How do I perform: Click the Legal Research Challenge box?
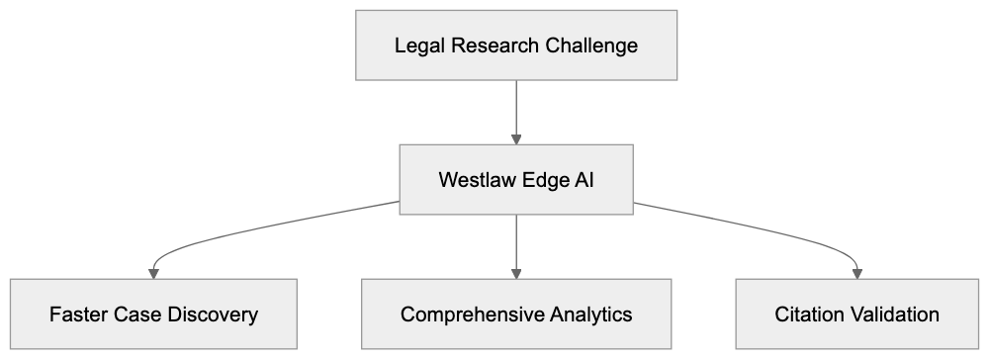point(516,45)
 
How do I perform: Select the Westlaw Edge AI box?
point(516,180)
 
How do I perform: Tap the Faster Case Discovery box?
point(153,315)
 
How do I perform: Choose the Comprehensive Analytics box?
point(516,315)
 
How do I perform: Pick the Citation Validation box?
point(856,315)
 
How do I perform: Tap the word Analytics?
point(589,315)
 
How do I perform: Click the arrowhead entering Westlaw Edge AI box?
point(516,138)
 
